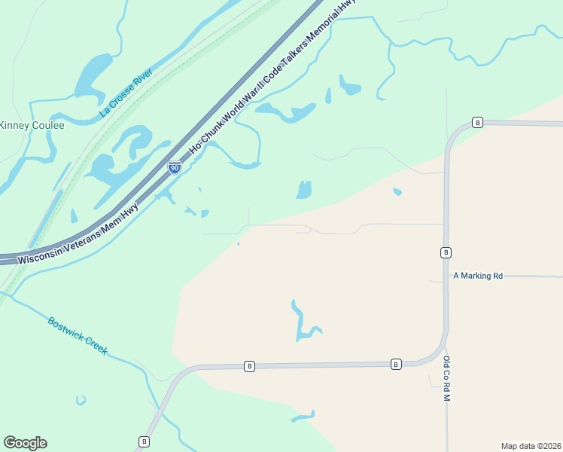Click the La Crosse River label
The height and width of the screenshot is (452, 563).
[x=126, y=93]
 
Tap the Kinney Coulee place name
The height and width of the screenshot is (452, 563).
[x=32, y=125]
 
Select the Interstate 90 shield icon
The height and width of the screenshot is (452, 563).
[x=174, y=167]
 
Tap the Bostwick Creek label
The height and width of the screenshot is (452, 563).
[x=78, y=336]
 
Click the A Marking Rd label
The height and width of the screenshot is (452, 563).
[x=478, y=276]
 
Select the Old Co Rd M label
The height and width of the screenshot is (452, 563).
[x=446, y=378]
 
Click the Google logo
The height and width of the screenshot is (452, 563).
[x=25, y=443]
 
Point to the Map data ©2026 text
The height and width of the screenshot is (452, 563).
[x=531, y=445]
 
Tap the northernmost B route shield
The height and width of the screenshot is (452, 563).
[x=477, y=122]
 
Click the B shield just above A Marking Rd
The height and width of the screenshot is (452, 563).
[x=446, y=252]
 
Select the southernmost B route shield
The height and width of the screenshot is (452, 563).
[x=144, y=441]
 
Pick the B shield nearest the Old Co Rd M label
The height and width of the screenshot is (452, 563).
[x=396, y=364]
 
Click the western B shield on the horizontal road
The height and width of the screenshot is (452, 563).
[x=250, y=366]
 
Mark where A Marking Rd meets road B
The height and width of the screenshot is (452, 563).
[x=446, y=276]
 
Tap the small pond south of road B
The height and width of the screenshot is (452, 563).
[x=303, y=416]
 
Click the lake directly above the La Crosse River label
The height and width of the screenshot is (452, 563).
[x=92, y=72]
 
